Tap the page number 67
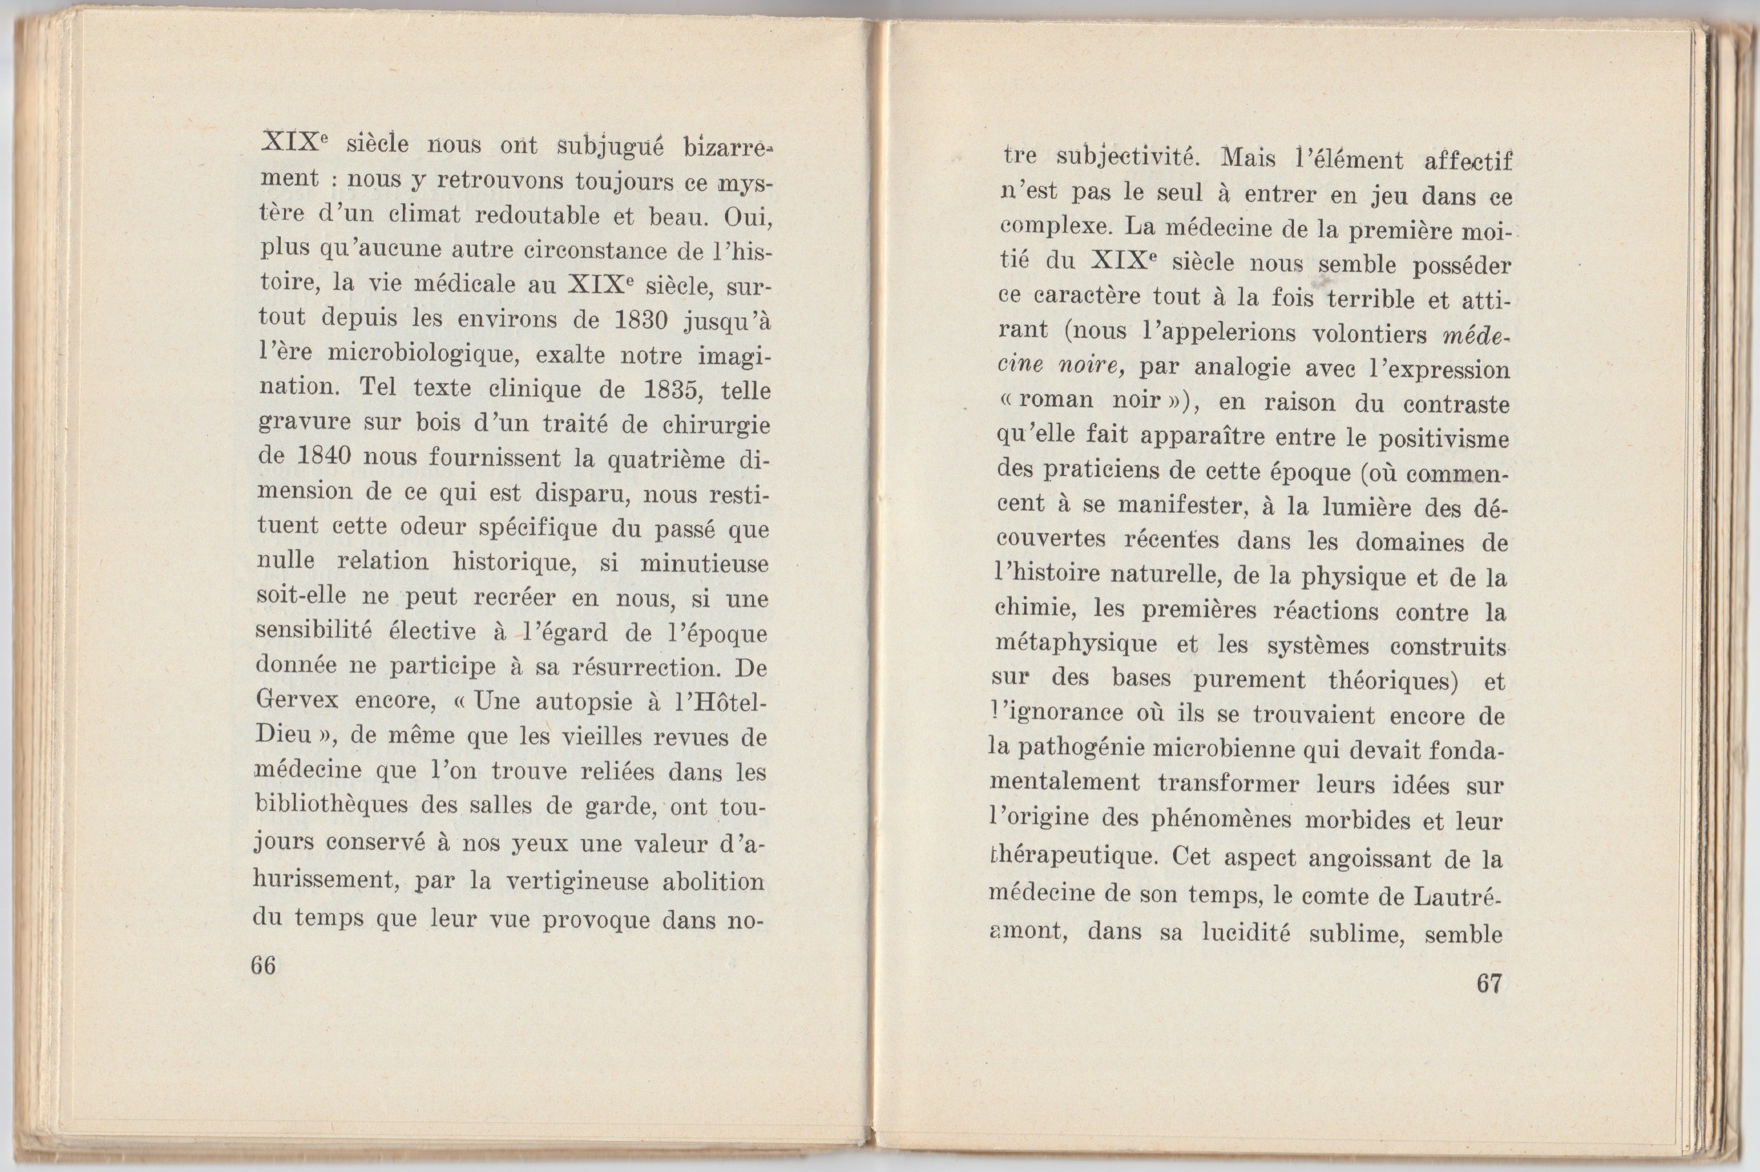point(1489,983)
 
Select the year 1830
point(640,319)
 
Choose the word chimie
point(1034,608)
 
